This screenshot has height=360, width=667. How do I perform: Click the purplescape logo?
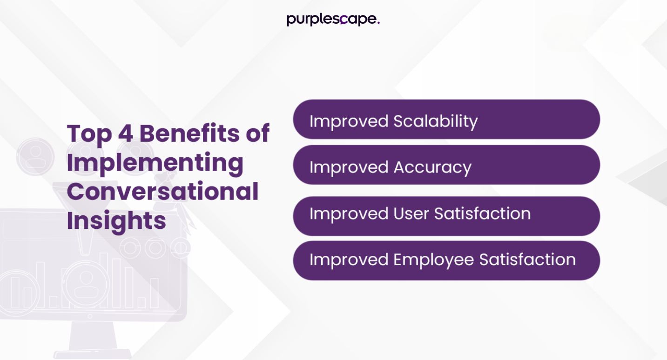[333, 20]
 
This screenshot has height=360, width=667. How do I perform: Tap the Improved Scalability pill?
[446, 120]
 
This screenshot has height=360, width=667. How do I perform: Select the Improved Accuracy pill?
[446, 165]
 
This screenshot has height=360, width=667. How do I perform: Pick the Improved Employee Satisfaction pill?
[446, 260]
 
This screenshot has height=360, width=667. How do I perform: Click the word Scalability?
[435, 121]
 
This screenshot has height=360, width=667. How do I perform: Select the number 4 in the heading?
[125, 133]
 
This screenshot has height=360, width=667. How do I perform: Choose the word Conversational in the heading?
[162, 192]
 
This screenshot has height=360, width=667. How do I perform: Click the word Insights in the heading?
[116, 221]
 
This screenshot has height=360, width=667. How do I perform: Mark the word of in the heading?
[257, 133]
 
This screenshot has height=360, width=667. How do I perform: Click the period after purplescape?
[378, 23]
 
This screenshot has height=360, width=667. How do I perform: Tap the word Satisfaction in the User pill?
[482, 213]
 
